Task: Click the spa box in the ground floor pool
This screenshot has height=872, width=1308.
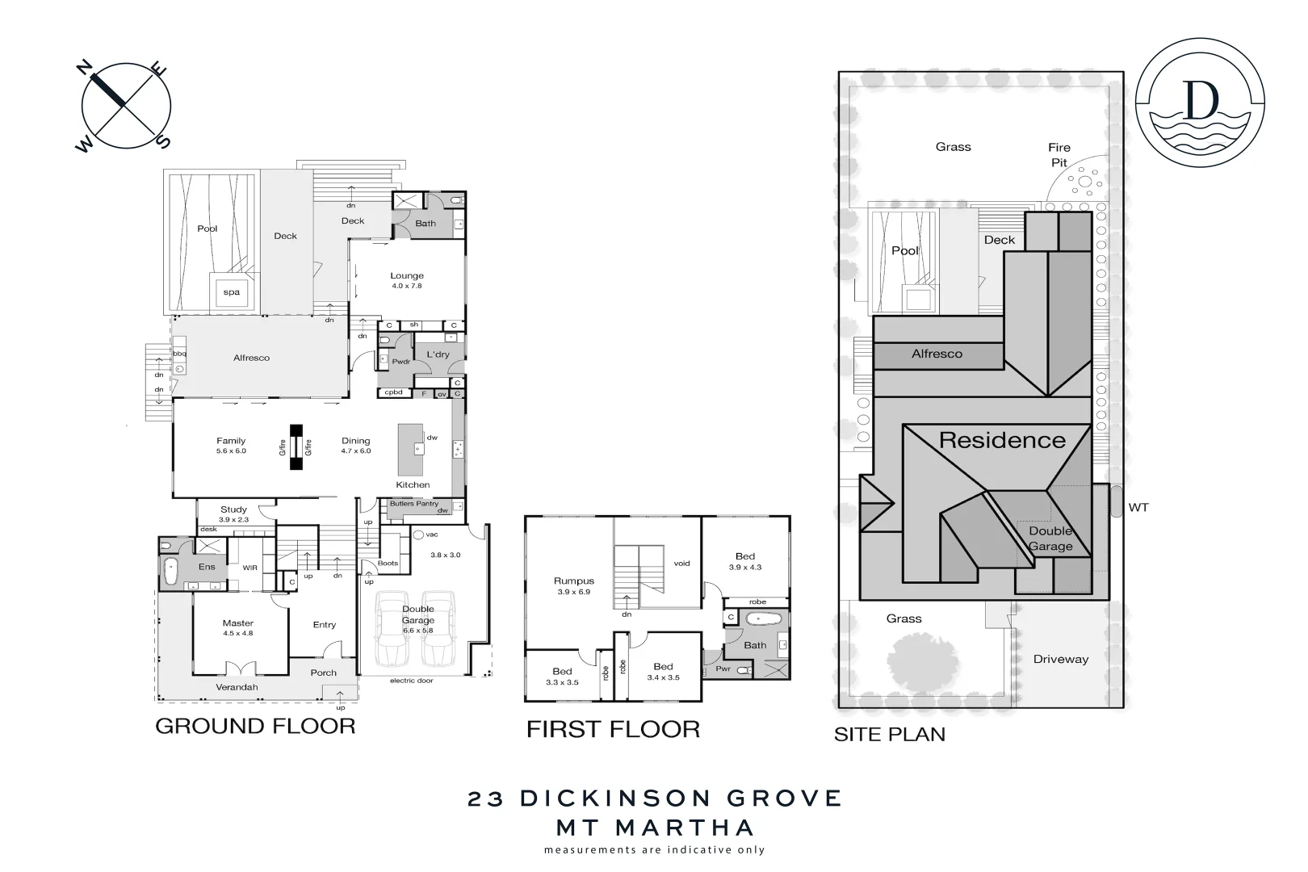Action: coord(232,292)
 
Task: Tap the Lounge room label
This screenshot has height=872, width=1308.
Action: coord(407,276)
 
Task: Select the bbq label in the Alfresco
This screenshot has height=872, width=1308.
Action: coord(179,354)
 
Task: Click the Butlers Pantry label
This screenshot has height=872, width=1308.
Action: coord(413,504)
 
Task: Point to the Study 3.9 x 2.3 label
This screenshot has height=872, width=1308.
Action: coord(233,514)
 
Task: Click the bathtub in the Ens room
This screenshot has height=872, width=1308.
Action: coord(171,572)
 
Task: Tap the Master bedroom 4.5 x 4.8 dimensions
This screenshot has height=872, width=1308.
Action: coord(238,634)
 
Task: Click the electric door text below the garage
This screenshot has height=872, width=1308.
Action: coord(412,681)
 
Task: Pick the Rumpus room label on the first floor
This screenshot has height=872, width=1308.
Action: coord(574,581)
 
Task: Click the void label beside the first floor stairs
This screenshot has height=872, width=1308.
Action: coord(682,564)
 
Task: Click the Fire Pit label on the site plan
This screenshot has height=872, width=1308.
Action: coord(1059,155)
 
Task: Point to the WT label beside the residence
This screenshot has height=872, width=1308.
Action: coord(1138,508)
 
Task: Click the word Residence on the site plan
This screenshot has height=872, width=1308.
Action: coord(1002,441)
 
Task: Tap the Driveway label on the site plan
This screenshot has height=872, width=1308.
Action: coord(1061,659)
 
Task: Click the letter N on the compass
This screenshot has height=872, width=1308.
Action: coord(83,69)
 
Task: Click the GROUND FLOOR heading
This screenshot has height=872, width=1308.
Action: coord(255,726)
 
